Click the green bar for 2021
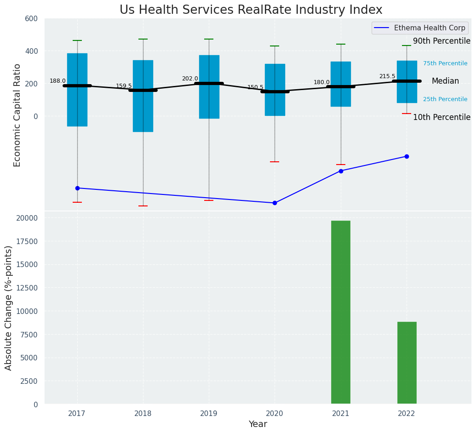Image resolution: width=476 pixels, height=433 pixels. tap(340, 312)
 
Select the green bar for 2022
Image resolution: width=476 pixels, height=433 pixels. tap(407, 363)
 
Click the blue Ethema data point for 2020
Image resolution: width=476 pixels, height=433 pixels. tap(275, 203)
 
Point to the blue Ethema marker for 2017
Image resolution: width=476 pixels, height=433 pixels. tap(77, 188)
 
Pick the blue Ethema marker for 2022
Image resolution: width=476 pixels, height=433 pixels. tap(407, 156)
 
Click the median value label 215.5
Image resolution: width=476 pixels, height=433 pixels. tap(387, 76)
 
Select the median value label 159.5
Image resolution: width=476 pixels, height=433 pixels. tap(124, 86)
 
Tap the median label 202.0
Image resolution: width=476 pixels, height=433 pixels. tap(189, 79)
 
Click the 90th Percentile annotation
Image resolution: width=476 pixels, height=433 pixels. tap(442, 41)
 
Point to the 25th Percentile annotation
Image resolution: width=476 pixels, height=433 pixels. tap(445, 99)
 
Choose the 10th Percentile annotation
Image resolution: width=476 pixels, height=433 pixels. tap(442, 117)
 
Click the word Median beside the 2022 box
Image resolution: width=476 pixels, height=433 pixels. tap(445, 81)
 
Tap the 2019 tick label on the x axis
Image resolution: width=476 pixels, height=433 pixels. tap(209, 414)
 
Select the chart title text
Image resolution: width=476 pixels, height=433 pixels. tap(251, 10)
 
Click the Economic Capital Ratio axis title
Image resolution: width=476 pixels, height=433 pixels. tap(17, 115)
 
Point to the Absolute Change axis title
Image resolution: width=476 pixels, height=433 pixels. tap(9, 308)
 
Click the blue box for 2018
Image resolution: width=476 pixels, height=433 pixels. tap(143, 96)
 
